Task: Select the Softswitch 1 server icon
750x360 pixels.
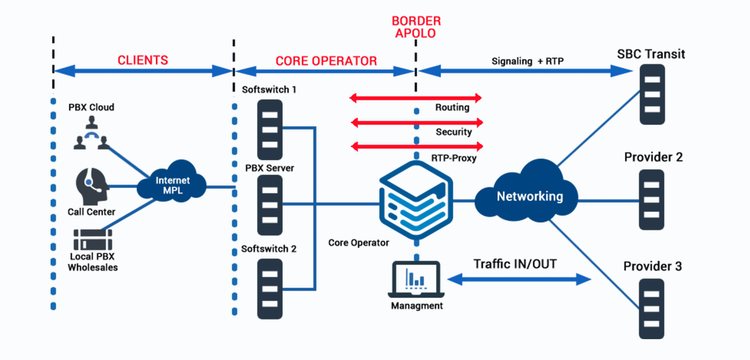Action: point(270,129)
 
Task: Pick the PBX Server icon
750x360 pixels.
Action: point(270,205)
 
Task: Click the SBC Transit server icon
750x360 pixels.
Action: point(652,94)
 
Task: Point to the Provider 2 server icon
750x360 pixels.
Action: point(652,200)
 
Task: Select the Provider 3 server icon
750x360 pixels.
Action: point(652,309)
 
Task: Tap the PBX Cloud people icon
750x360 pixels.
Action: point(91,134)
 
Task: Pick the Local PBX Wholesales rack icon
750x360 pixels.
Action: point(93,240)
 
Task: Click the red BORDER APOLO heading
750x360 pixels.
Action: point(416,27)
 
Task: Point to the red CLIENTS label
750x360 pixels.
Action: point(143,60)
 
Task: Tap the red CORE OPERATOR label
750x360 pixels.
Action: point(326,61)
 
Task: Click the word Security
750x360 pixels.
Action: point(454,132)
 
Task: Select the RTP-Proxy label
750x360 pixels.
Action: point(454,158)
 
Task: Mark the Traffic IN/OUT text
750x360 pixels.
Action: point(515,264)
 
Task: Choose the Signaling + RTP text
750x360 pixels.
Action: point(528,61)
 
